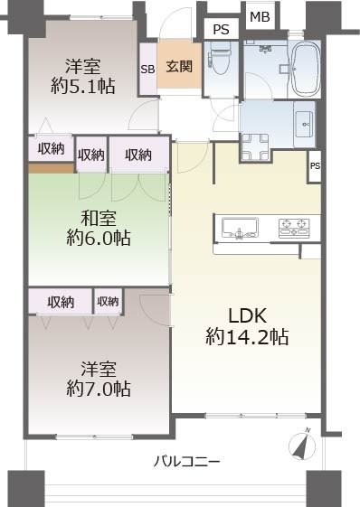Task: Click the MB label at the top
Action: pyautogui.click(x=260, y=17)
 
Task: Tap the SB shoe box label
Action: pyautogui.click(x=147, y=70)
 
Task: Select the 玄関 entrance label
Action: pyautogui.click(x=179, y=66)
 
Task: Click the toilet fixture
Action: pyautogui.click(x=220, y=56)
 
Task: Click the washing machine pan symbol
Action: pyautogui.click(x=255, y=146)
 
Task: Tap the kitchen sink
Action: pyautogui.click(x=240, y=228)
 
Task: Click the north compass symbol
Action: pyautogui.click(x=302, y=444)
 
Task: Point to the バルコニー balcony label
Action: pyautogui.click(x=186, y=462)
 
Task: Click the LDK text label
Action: pyautogui.click(x=247, y=315)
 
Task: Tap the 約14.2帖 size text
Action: pyautogui.click(x=247, y=337)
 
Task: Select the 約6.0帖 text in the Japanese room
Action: pyautogui.click(x=99, y=239)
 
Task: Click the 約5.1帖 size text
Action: pyautogui.click(x=83, y=86)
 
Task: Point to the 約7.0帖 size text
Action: pyautogui.click(x=99, y=389)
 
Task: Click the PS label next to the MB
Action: pyautogui.click(x=221, y=30)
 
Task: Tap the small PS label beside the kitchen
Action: pyautogui.click(x=315, y=166)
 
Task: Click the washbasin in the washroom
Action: pyautogui.click(x=304, y=124)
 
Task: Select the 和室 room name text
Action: pyautogui.click(x=99, y=218)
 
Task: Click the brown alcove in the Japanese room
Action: pyautogui.click(x=52, y=168)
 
